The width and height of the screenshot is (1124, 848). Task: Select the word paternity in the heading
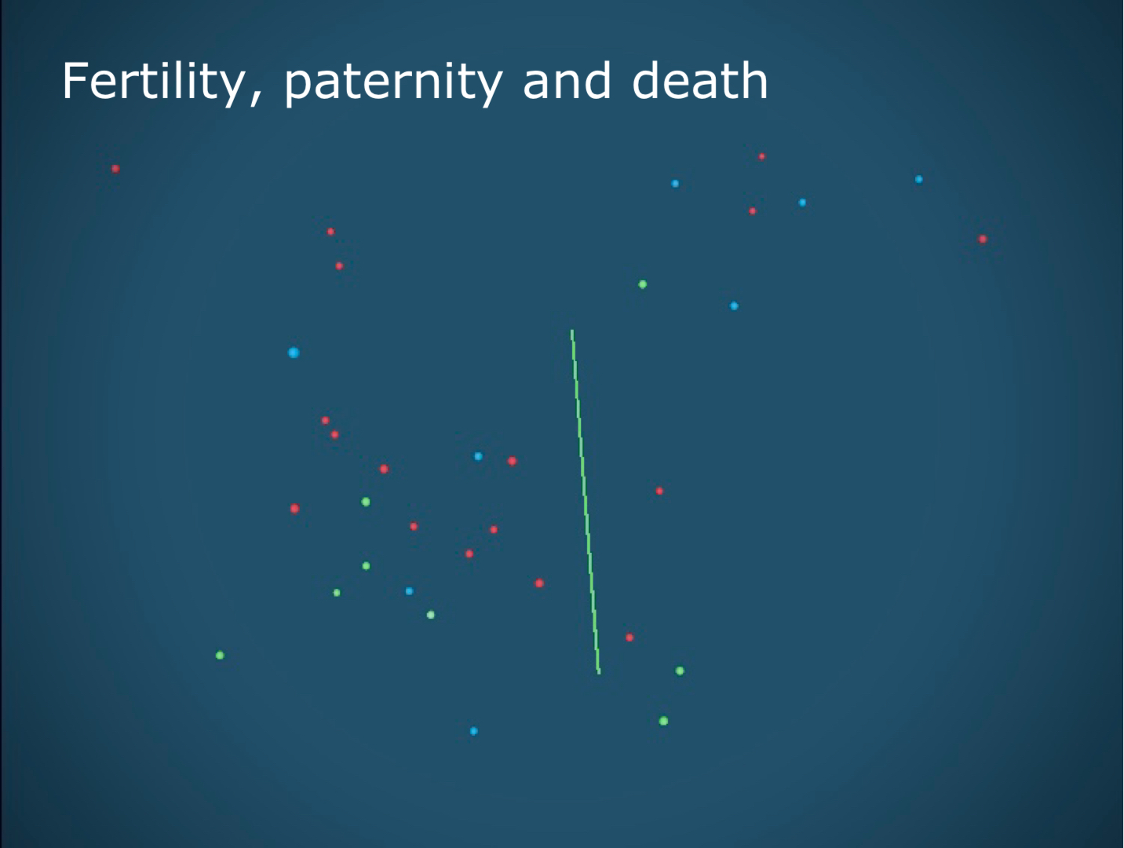[x=393, y=85]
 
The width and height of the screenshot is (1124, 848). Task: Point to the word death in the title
[x=700, y=80]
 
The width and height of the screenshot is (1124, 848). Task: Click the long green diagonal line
[x=586, y=502]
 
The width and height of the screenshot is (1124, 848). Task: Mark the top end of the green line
[x=572, y=331]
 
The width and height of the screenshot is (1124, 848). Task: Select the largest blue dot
[x=294, y=353]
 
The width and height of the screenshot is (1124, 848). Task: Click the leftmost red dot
[x=115, y=169]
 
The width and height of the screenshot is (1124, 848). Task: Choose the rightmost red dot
[x=982, y=239]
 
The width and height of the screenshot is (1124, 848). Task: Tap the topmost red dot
[x=762, y=157]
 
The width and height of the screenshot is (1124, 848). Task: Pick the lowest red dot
[x=630, y=638]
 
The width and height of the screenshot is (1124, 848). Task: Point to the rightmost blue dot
[x=918, y=179]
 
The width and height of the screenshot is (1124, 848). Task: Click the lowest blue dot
[x=473, y=731]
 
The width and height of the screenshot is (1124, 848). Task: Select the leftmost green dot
[x=220, y=655]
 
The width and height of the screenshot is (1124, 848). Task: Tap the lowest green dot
[x=663, y=721]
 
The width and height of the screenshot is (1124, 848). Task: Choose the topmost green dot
[x=643, y=284]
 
